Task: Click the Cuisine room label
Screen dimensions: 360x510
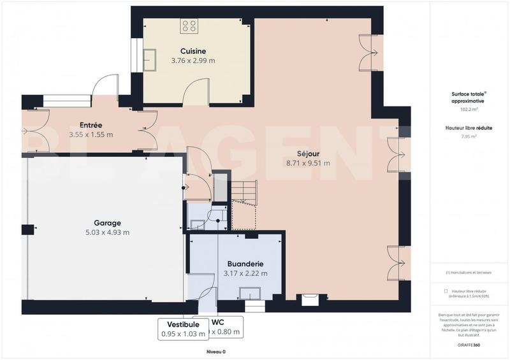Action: (x=193, y=51)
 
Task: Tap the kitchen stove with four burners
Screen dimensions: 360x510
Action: (x=189, y=25)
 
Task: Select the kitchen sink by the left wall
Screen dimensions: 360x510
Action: (x=152, y=61)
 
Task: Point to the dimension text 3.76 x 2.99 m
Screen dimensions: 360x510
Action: (x=193, y=61)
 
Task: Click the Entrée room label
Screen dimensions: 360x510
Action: (x=91, y=125)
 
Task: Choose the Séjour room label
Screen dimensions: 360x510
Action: (x=308, y=154)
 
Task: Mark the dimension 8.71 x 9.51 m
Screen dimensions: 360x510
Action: (x=308, y=163)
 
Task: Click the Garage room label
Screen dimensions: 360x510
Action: (x=107, y=223)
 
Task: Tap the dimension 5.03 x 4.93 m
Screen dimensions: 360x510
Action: (x=107, y=233)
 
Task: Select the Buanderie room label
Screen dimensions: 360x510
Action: (x=245, y=264)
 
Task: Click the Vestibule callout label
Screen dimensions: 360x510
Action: (x=183, y=324)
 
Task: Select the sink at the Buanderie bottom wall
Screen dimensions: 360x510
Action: (x=249, y=293)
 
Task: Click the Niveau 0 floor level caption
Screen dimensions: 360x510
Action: (x=216, y=352)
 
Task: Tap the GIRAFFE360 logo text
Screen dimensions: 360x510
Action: (x=469, y=345)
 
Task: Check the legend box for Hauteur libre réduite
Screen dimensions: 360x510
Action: (x=445, y=291)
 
